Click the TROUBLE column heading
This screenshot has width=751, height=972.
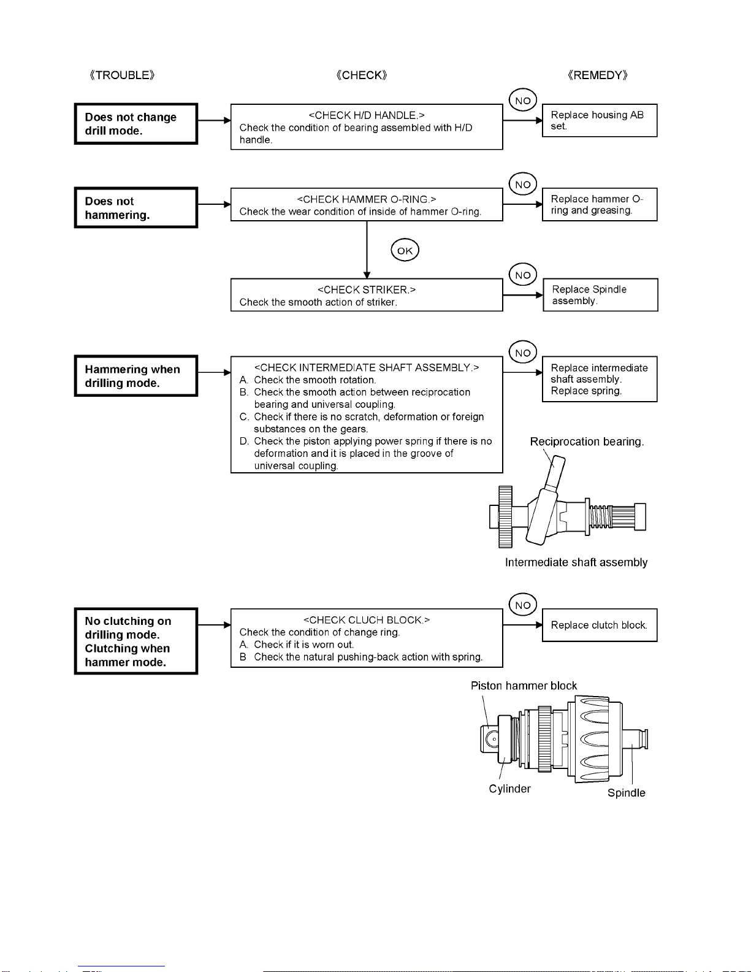click(122, 75)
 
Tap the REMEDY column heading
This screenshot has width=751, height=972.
click(598, 75)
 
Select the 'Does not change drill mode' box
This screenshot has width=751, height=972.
click(136, 124)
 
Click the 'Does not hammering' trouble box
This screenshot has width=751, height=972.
click(136, 207)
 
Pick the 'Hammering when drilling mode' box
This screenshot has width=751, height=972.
click(136, 376)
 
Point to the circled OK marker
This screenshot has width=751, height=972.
click(405, 250)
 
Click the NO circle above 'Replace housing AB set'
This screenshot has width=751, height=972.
click(523, 100)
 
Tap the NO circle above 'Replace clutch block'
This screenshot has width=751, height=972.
click(523, 604)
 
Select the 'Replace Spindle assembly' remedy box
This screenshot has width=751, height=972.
click(600, 295)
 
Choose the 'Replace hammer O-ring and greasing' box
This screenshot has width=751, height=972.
click(600, 204)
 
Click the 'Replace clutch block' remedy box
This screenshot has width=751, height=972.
click(600, 625)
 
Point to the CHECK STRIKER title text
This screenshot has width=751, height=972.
click(367, 290)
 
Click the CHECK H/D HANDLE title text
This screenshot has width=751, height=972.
click(367, 115)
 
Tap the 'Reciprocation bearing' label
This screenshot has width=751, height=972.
click(587, 442)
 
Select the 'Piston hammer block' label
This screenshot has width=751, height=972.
click(524, 686)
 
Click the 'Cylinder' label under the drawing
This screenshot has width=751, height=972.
click(509, 789)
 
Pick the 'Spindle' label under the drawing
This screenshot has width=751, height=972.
click(627, 793)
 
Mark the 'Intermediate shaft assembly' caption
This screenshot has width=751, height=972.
click(576, 562)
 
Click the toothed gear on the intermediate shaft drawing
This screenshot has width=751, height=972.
click(505, 516)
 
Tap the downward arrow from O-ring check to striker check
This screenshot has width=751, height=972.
click(367, 250)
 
